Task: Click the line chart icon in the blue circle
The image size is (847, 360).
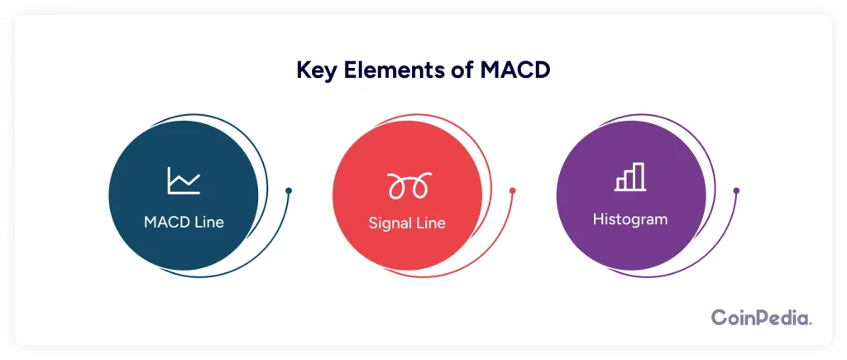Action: tap(184, 180)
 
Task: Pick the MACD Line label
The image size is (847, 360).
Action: tap(184, 222)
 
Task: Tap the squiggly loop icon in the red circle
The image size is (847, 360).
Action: tap(409, 185)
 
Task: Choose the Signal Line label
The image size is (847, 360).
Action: tap(407, 223)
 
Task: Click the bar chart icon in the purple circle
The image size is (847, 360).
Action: tap(629, 177)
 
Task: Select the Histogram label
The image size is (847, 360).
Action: tap(629, 219)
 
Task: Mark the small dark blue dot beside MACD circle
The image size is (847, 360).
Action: tap(289, 191)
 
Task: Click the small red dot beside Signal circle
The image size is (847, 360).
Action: tap(512, 191)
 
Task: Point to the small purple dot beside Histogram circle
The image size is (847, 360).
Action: tap(735, 191)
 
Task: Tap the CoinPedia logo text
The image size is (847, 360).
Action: tap(762, 317)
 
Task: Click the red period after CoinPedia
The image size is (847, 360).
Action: tap(810, 324)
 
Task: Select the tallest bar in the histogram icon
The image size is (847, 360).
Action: tap(639, 176)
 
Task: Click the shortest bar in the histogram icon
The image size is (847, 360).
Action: tap(620, 184)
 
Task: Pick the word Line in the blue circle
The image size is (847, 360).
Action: tap(209, 222)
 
